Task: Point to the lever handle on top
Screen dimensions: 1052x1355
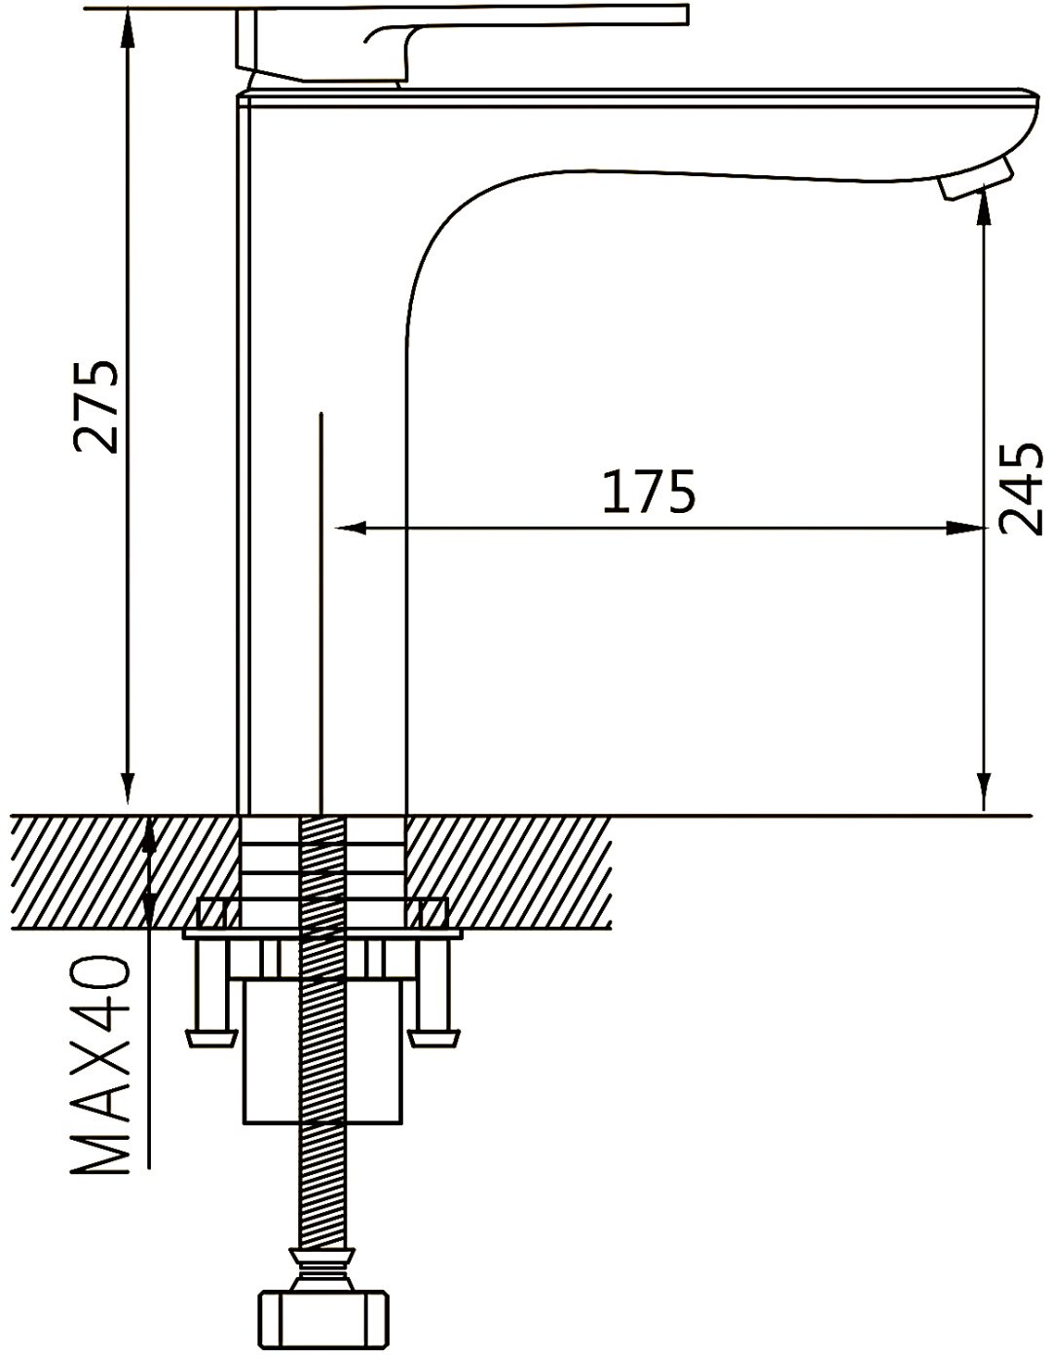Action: click(462, 43)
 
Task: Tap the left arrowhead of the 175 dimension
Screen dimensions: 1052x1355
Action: click(350, 529)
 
